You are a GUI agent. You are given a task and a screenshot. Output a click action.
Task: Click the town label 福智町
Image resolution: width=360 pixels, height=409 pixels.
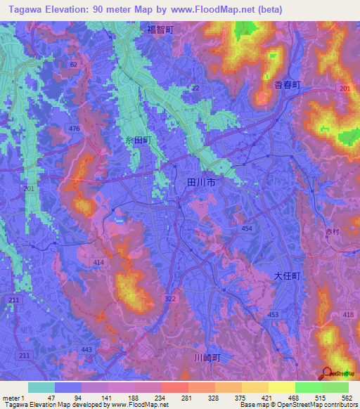point(160,30)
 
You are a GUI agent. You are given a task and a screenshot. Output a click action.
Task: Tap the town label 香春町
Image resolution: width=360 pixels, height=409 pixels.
point(287,84)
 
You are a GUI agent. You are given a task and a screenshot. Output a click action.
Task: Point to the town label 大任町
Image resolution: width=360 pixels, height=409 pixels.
point(287,276)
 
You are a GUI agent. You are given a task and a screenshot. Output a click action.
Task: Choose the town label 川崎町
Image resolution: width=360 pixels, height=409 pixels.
point(207,358)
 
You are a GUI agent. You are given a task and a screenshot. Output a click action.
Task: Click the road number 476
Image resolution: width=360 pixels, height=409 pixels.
point(75,127)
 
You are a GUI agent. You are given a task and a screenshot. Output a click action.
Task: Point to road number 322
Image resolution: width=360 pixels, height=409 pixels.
point(170,299)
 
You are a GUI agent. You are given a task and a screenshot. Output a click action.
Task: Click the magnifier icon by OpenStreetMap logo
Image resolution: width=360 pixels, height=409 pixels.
point(327,374)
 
